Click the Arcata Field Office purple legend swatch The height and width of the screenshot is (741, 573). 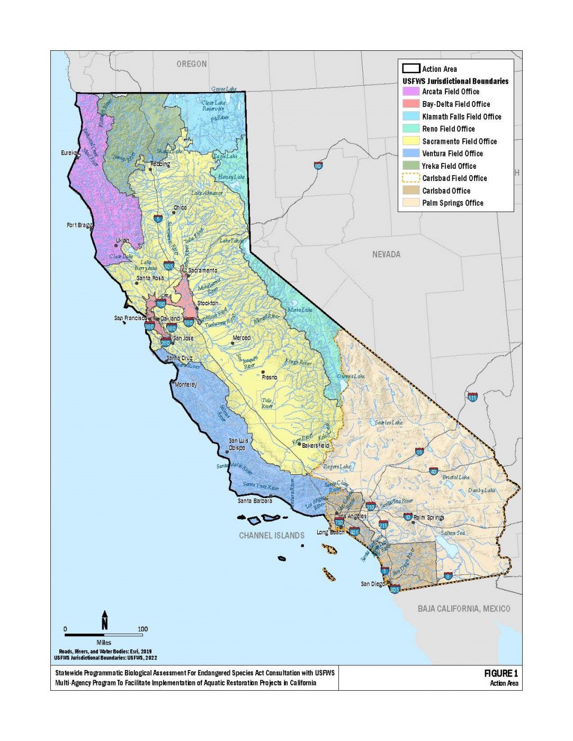pyautogui.click(x=411, y=92)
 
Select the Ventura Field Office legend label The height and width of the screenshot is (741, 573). pyautogui.click(x=452, y=153)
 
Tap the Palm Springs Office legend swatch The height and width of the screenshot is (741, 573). pyautogui.click(x=411, y=203)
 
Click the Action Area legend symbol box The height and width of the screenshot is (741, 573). pyautogui.click(x=411, y=69)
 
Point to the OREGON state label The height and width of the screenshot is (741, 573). pyautogui.click(x=192, y=64)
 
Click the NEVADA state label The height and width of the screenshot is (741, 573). pyautogui.click(x=386, y=255)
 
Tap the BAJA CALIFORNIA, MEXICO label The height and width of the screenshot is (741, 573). pyautogui.click(x=464, y=609)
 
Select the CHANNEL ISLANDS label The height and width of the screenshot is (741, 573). pyautogui.click(x=272, y=536)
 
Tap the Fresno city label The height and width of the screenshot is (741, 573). pyautogui.click(x=269, y=377)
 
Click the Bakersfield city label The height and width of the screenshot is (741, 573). pyautogui.click(x=316, y=446)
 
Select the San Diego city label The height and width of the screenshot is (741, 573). pyautogui.click(x=373, y=584)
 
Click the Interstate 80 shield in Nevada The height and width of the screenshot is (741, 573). pyautogui.click(x=318, y=166)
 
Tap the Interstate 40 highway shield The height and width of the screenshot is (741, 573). pyautogui.click(x=433, y=471)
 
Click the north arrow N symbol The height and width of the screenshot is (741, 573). pyautogui.click(x=105, y=620)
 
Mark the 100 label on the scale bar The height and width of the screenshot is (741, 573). pyautogui.click(x=142, y=629)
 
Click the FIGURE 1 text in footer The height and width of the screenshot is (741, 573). pyautogui.click(x=500, y=673)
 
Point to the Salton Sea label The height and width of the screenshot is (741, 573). pyautogui.click(x=453, y=533)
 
